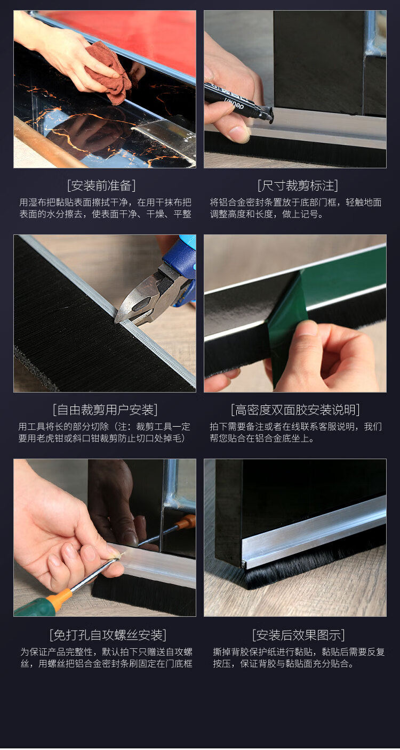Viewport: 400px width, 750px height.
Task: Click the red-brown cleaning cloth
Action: click(x=109, y=72)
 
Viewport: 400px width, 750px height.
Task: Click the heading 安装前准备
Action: click(x=101, y=185)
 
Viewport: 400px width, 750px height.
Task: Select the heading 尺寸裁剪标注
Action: click(x=298, y=185)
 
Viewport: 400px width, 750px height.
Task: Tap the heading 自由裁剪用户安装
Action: click(x=105, y=410)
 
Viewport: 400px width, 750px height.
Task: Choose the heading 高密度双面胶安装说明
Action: click(x=295, y=410)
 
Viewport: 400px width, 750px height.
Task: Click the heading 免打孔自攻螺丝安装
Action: click(x=108, y=635)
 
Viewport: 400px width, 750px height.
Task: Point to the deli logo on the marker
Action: click(x=234, y=103)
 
